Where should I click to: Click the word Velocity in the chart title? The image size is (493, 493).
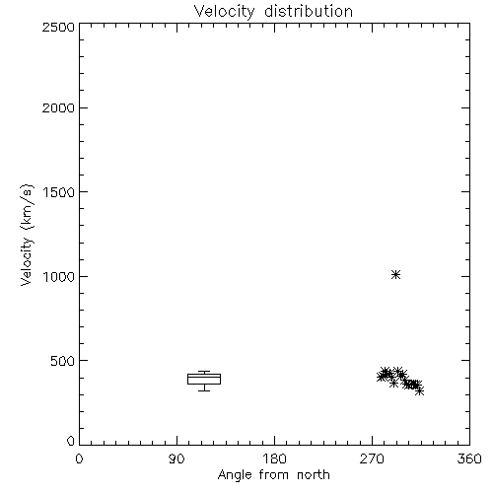(224, 12)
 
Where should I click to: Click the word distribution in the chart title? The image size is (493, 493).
(309, 11)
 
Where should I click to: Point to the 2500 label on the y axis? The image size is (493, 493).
(58, 27)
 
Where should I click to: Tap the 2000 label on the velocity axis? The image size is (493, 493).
(58, 107)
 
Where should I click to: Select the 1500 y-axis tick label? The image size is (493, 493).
(59, 192)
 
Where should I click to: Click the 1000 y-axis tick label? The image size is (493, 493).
(59, 276)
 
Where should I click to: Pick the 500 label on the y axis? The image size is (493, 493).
(63, 361)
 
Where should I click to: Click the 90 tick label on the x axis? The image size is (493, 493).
(176, 458)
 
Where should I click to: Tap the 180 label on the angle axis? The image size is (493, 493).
(274, 458)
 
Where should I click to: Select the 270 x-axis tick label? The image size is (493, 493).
(372, 458)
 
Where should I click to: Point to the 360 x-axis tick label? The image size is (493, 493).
(469, 458)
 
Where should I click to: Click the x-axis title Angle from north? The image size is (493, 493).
(274, 475)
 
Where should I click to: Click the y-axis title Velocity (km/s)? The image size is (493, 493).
(27, 235)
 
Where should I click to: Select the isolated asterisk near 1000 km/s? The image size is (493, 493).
(396, 274)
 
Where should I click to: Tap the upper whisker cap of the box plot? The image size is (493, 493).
(204, 372)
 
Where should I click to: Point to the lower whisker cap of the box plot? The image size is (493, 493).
(204, 390)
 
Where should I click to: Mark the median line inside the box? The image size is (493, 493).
(204, 377)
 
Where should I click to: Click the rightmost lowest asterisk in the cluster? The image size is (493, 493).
(419, 390)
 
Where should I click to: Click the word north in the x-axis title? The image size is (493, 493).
(314, 474)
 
